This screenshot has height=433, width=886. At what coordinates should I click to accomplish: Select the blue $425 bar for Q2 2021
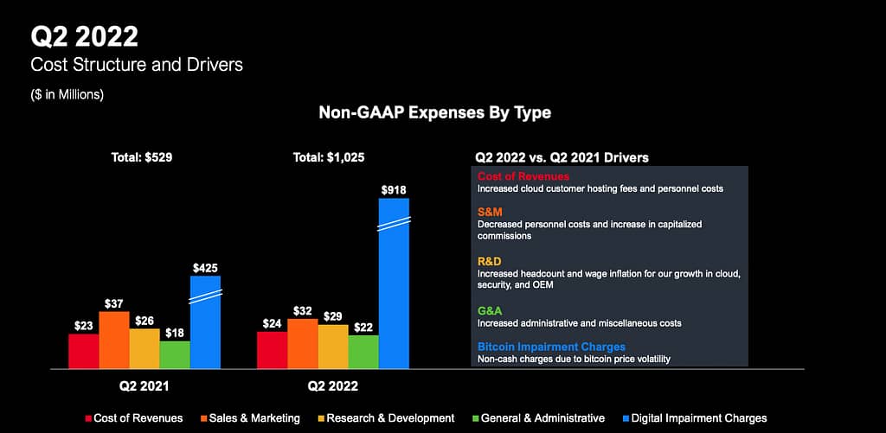click(205, 324)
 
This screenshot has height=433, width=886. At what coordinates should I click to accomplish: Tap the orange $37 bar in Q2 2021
click(114, 341)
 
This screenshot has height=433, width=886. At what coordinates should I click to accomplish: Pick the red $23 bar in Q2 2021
click(84, 352)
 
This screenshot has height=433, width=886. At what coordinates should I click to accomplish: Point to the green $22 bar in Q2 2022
click(363, 352)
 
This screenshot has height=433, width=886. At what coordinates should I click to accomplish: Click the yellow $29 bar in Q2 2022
click(333, 347)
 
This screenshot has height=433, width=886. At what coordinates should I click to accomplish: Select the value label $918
click(394, 189)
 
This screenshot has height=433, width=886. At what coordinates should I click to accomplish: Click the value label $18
click(175, 331)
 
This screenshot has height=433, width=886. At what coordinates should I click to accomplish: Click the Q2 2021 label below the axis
click(144, 385)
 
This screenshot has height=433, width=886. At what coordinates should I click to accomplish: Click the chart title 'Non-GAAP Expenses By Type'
click(434, 113)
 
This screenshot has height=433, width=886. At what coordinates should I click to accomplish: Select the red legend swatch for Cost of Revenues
click(88, 418)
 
